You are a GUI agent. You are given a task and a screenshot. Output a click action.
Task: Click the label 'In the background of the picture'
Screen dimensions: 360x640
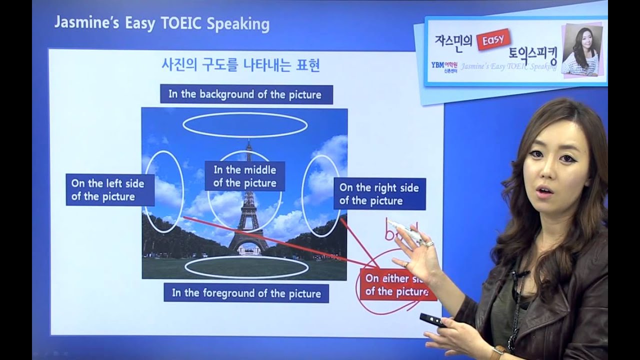tap(246, 94)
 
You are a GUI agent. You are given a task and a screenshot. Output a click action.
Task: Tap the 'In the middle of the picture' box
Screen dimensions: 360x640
tap(244, 176)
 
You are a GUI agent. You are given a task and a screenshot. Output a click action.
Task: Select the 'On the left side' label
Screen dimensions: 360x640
tap(109, 190)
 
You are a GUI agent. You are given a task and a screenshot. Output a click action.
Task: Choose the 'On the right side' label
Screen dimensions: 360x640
tap(379, 194)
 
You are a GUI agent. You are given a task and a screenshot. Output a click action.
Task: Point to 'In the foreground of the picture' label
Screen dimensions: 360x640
tap(246, 293)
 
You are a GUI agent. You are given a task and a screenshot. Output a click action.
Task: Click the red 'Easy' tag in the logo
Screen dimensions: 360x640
tap(493, 39)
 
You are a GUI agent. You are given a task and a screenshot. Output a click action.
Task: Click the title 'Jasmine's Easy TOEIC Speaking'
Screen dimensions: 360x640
tap(161, 24)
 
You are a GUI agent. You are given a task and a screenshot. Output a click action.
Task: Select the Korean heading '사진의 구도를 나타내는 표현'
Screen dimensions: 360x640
tap(240, 65)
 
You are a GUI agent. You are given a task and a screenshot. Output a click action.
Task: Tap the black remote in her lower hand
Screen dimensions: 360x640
tap(432, 319)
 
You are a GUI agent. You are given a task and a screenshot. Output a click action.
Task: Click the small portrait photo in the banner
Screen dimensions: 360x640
tap(582, 50)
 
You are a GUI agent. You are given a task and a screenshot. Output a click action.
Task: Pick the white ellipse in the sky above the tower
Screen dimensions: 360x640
tap(244, 125)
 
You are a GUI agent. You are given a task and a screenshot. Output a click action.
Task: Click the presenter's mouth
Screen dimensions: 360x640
tap(546, 191)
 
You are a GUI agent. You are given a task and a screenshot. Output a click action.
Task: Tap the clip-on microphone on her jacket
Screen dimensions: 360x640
tap(520, 274)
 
